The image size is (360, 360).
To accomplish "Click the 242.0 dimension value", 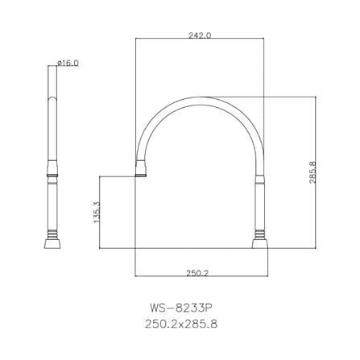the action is (x=200, y=35).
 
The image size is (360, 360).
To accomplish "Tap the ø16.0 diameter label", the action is (x=68, y=63).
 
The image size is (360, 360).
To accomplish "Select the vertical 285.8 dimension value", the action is (x=312, y=172).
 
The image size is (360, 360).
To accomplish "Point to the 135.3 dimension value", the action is (x=97, y=212).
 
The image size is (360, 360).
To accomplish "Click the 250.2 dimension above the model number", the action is (x=197, y=273).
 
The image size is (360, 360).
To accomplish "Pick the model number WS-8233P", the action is (x=181, y=308).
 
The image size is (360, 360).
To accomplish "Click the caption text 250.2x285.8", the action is (x=181, y=324).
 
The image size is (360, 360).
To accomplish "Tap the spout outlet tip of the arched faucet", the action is (x=141, y=176).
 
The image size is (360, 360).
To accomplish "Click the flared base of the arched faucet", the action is (x=260, y=244).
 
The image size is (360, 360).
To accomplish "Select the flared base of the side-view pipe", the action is (x=52, y=244).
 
